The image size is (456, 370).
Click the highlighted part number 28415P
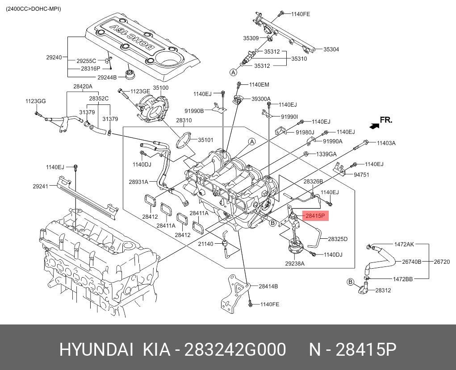[x=315, y=216]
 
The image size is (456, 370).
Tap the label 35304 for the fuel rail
[x=331, y=50]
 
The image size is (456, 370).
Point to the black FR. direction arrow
[x=374, y=126]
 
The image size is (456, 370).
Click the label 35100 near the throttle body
[x=161, y=88]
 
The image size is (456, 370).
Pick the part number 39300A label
[x=261, y=99]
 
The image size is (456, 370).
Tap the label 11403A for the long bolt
[x=386, y=143]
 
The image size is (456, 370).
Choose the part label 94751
[x=361, y=175]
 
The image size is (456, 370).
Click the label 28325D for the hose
[x=338, y=239]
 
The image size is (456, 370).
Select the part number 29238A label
[x=295, y=264]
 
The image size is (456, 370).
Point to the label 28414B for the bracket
[x=268, y=286]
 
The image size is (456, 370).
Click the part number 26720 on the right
[x=442, y=262]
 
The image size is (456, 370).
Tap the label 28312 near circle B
[x=383, y=290]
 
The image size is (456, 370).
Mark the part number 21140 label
[x=206, y=244]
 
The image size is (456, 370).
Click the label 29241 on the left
[x=41, y=187]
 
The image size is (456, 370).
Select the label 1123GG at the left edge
[x=35, y=102]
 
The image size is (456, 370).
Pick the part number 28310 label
[x=184, y=121]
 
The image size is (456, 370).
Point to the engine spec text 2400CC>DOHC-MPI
[x=33, y=9]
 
